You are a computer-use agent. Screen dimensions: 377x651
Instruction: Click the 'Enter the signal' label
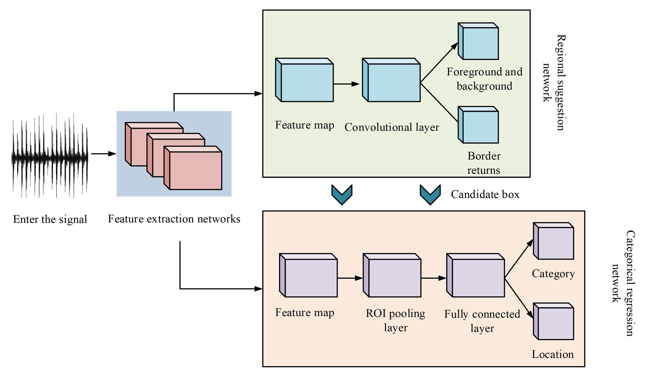coord(50,219)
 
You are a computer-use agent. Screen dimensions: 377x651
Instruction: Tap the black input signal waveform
coord(50,155)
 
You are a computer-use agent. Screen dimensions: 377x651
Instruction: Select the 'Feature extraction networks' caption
coord(174,219)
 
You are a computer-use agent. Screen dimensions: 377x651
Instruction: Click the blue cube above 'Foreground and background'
coord(478,41)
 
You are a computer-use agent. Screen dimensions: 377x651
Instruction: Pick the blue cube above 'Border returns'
coord(478,125)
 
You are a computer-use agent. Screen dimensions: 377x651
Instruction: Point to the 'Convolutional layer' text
coord(392,127)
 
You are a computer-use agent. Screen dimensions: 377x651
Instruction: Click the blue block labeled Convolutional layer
coord(391,80)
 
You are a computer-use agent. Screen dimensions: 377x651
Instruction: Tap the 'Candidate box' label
coord(485,194)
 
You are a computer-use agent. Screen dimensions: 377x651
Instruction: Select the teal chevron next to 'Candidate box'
coord(430,194)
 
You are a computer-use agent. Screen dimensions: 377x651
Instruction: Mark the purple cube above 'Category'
coord(554,241)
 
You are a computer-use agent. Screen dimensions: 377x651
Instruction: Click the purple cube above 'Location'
coord(554,321)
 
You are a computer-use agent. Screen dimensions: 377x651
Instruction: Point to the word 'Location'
coord(553,354)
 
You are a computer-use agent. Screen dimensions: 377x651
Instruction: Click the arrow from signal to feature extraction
coord(103,154)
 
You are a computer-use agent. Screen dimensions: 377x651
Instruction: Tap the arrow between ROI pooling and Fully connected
coord(434,278)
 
